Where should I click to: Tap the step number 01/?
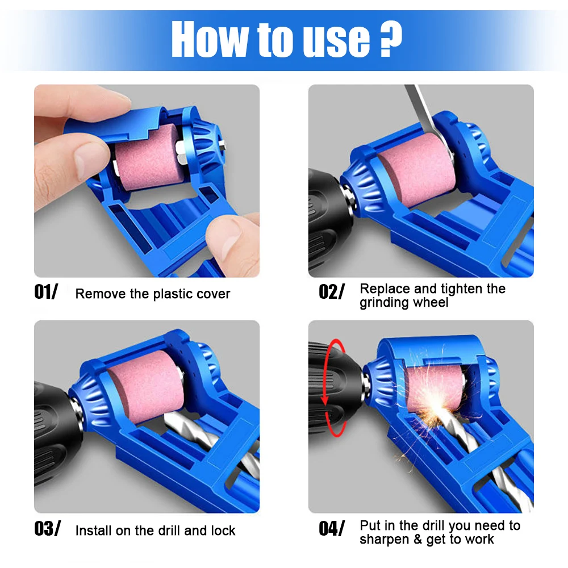tap(46, 293)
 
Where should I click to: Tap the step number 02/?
tap(331, 293)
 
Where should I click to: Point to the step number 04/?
tap(331, 529)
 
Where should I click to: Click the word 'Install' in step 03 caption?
tap(93, 531)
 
